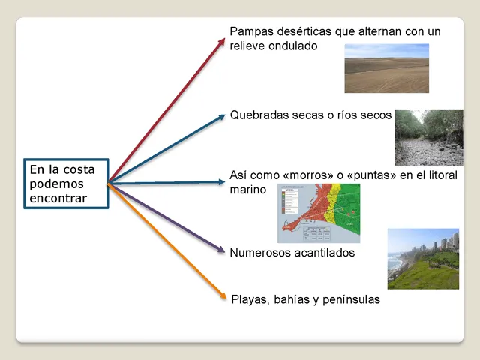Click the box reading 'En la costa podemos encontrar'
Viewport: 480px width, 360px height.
tap(66, 182)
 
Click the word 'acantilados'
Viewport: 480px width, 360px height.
tap(323, 253)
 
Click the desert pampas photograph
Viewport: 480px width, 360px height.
tap(386, 67)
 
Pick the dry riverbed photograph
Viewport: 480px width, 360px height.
tap(429, 137)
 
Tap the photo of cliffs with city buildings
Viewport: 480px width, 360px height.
tap(423, 259)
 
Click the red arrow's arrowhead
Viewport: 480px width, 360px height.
tap(222, 40)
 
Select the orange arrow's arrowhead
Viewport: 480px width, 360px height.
tap(222, 296)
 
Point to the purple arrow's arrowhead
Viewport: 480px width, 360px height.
tap(223, 250)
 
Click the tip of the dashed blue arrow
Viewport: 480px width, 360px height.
tap(223, 181)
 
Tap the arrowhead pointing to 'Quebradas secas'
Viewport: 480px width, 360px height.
tap(223, 115)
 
